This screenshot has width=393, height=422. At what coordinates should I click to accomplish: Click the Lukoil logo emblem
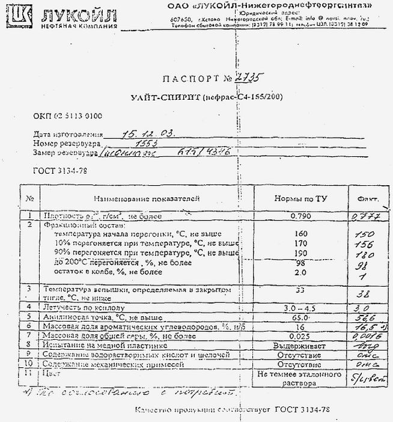tap(20, 19)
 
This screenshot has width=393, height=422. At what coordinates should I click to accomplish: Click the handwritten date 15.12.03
tap(148, 134)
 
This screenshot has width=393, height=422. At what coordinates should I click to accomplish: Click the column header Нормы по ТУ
tap(300, 198)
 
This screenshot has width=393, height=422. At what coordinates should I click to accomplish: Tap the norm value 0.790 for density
tap(300, 215)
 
